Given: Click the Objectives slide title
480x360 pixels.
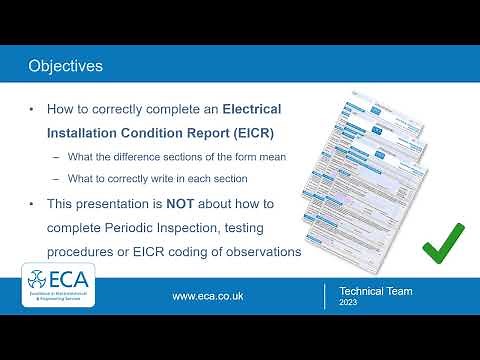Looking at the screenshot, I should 65,67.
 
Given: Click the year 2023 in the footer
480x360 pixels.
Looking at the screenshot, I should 347,302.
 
